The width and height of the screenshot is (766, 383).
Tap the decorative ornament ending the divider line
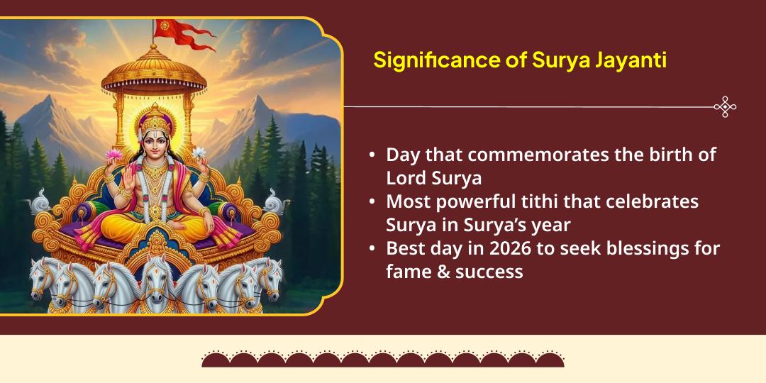coord(725,107)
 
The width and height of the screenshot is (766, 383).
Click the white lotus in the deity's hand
coord(199,152)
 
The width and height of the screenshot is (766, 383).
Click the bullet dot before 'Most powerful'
coord(372,202)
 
